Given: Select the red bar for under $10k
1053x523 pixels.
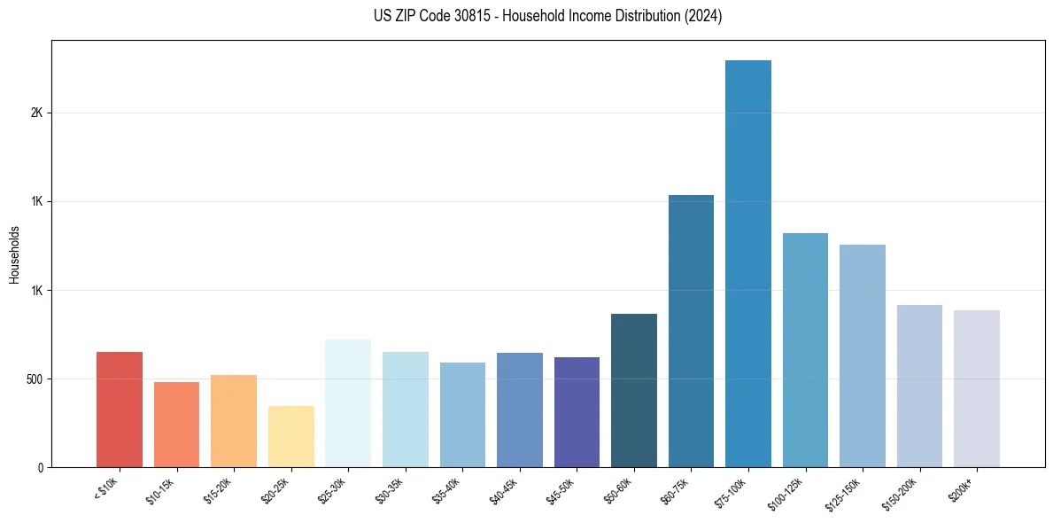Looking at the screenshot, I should pyautogui.click(x=120, y=410).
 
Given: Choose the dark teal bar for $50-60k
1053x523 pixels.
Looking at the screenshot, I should pyautogui.click(x=634, y=390).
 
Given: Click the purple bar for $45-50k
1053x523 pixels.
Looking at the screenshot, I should pyautogui.click(x=577, y=412).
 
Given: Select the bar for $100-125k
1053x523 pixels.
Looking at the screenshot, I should pyautogui.click(x=805, y=350).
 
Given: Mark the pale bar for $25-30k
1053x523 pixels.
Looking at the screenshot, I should pyautogui.click(x=348, y=403).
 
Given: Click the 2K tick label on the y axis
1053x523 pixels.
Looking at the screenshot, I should pyautogui.click(x=36, y=113).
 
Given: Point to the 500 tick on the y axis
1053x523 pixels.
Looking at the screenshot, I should pyautogui.click(x=34, y=379).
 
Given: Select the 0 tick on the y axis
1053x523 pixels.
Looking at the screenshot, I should pyautogui.click(x=39, y=467).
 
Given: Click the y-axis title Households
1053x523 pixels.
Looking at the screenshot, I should pyautogui.click(x=14, y=254).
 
